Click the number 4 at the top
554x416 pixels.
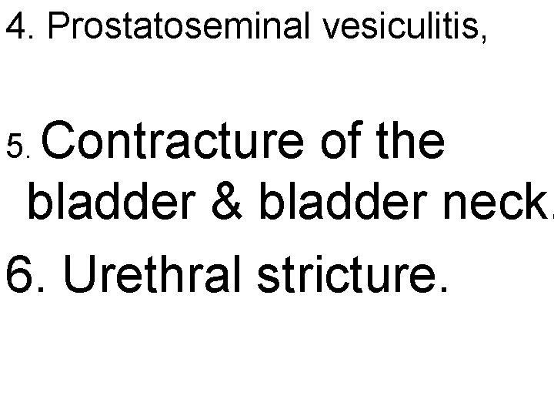[15, 29]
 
